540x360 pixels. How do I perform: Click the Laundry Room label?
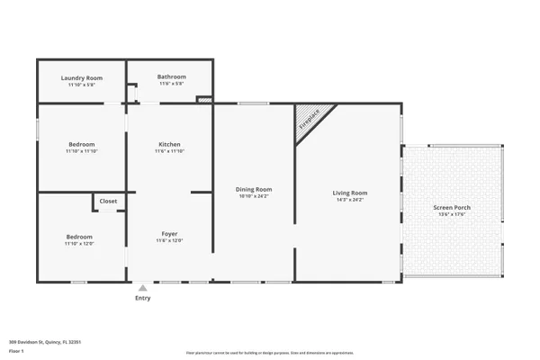click(x=82, y=78)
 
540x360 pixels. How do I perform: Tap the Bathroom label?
click(x=171, y=76)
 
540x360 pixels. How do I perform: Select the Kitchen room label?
click(x=169, y=144)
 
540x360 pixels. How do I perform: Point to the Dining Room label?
click(x=253, y=189)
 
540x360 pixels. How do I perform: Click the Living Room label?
click(x=350, y=193)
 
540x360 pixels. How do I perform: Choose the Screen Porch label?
click(x=452, y=207)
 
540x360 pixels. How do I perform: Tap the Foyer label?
click(x=169, y=233)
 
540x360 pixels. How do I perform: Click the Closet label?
click(x=108, y=201)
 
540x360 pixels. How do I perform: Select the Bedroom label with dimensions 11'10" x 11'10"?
click(x=81, y=144)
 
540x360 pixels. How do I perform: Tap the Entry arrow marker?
click(x=142, y=287)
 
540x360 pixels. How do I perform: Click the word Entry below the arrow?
click(x=142, y=298)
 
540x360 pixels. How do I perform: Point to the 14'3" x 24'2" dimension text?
click(x=350, y=200)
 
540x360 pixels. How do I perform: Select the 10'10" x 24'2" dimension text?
click(x=253, y=196)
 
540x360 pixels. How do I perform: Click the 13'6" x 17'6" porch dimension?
click(x=452, y=214)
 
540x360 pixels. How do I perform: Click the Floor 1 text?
click(x=16, y=351)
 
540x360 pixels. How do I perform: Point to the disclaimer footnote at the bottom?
click(x=270, y=353)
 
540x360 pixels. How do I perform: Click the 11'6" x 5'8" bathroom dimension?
click(x=171, y=84)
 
